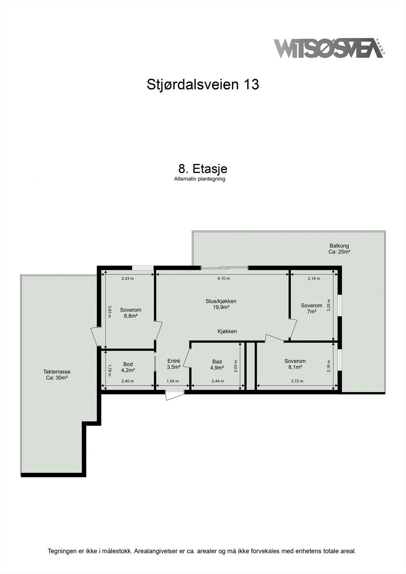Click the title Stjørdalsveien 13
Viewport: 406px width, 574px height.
click(203, 85)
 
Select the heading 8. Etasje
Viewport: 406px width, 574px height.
click(203, 169)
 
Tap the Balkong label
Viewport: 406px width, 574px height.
click(339, 249)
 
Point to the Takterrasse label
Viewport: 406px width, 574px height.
click(57, 375)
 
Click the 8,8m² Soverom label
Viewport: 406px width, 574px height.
click(131, 313)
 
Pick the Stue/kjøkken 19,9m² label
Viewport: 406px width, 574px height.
click(221, 304)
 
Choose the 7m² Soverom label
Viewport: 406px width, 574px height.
click(312, 309)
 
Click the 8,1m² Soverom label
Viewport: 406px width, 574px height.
click(295, 364)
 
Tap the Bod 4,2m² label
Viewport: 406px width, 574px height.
click(128, 367)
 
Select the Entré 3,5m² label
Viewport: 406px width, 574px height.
click(174, 364)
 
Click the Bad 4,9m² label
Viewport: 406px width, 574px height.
click(217, 364)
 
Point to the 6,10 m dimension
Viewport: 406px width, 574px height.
click(224, 278)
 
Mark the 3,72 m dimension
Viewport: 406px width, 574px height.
click(297, 381)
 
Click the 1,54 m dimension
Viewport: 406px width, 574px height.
click(173, 381)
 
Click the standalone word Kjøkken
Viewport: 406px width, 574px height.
click(227, 331)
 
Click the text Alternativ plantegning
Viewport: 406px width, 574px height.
click(200, 179)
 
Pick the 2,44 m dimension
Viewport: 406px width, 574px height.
click(218, 381)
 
